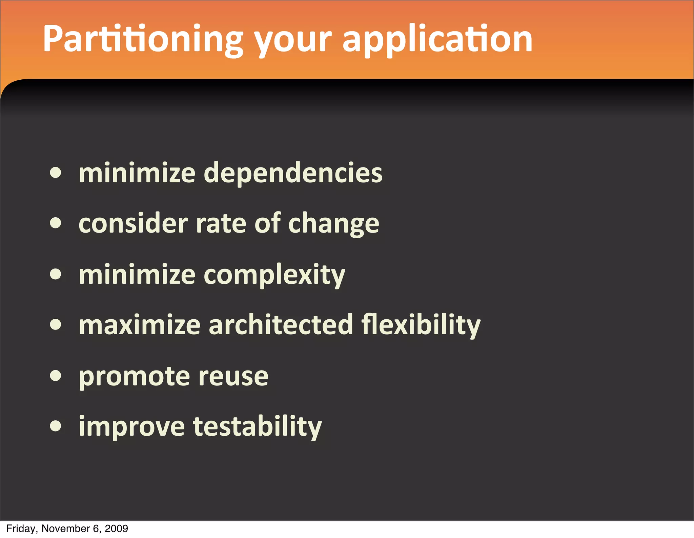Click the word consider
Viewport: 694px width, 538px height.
pos(133,224)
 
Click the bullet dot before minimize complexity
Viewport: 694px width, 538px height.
pos(56,274)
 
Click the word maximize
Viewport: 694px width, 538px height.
pos(140,325)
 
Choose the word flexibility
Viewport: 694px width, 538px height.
pos(421,325)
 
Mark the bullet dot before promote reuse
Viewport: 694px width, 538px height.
pos(56,375)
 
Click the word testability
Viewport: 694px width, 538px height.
pos(257,426)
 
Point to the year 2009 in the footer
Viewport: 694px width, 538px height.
pos(116,529)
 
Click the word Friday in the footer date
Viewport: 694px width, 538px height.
pos(20,529)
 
